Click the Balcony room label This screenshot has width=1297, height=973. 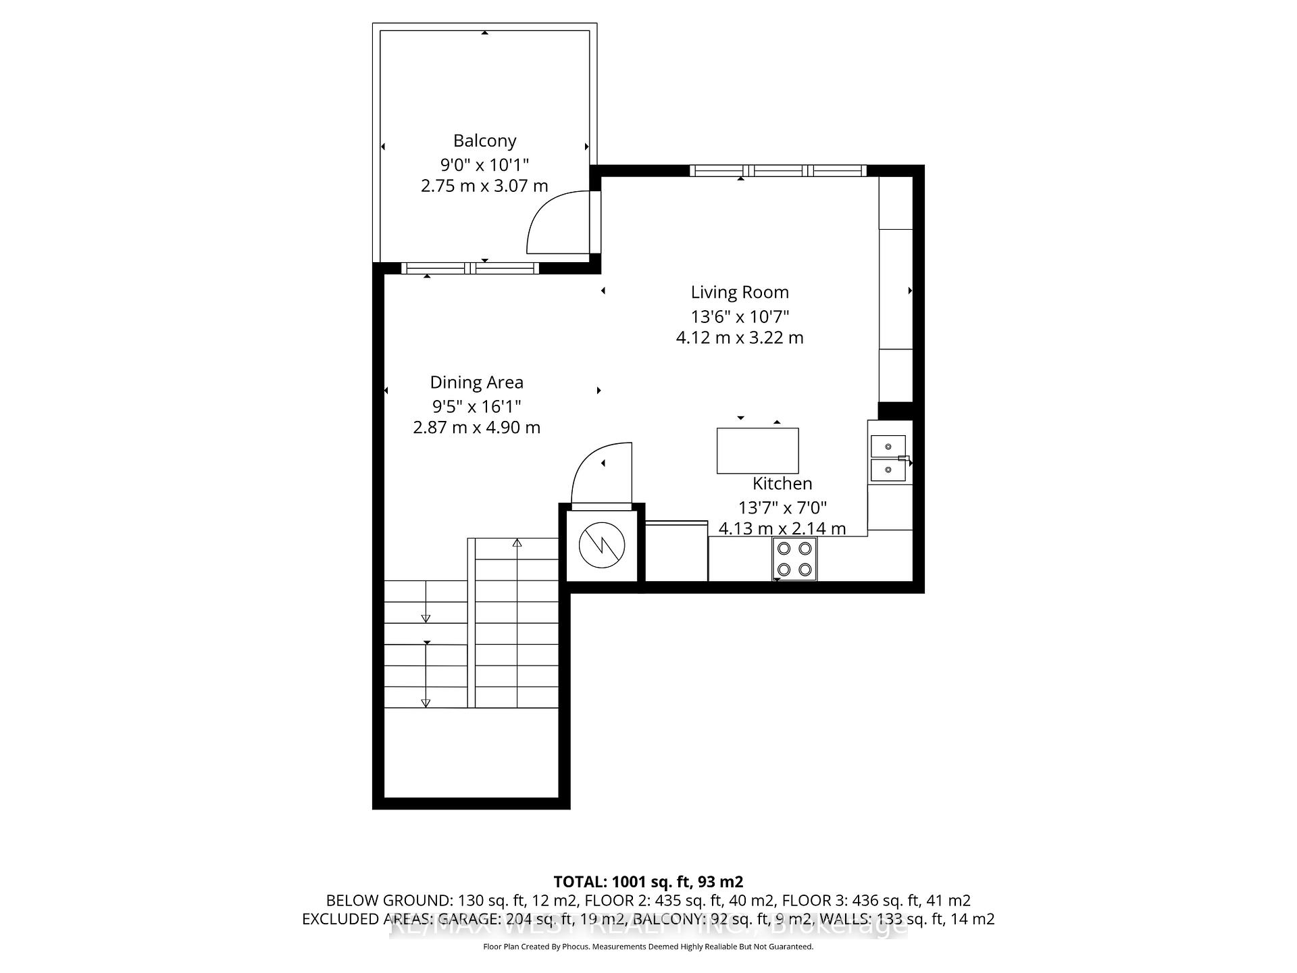click(x=484, y=141)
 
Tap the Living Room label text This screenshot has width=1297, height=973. click(x=740, y=292)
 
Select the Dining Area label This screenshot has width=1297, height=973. click(x=476, y=382)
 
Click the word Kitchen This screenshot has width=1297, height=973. click(x=782, y=483)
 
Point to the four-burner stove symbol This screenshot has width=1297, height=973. click(x=794, y=559)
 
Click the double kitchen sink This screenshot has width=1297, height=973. click(x=888, y=458)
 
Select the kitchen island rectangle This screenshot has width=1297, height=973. click(x=757, y=451)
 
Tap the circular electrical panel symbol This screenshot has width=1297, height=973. click(x=601, y=545)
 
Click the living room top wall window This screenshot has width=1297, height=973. click(x=778, y=170)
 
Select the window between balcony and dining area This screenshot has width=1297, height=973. click(x=470, y=268)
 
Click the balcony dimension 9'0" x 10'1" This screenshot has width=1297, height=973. click(x=484, y=164)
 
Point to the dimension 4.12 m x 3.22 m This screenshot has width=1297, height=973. click(x=740, y=337)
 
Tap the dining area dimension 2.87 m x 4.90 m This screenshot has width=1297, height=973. click(x=476, y=427)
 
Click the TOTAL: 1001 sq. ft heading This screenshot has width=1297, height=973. click(x=648, y=882)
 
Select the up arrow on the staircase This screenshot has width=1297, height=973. click(x=517, y=543)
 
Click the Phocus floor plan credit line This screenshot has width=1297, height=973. click(x=648, y=947)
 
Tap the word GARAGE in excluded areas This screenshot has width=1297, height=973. click(x=470, y=919)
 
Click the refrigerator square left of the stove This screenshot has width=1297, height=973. click(x=676, y=551)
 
